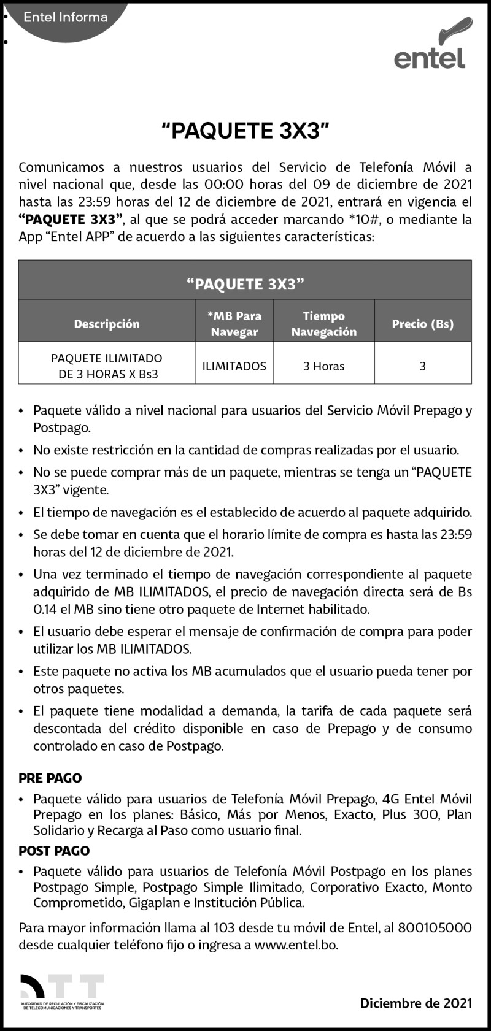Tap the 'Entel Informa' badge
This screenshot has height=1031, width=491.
pos(66,17)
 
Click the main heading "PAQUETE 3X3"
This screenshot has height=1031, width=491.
pos(245,131)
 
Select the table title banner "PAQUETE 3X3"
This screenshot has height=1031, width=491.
pos(245,284)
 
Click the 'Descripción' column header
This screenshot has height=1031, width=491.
pos(107,324)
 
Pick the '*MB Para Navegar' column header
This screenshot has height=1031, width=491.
pos(234,324)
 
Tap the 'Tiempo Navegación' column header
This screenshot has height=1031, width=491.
pos(323,324)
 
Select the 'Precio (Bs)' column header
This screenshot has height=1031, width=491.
pos(423,324)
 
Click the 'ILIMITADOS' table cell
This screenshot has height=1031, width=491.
pos(234,366)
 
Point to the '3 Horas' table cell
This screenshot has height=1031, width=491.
pos(323,366)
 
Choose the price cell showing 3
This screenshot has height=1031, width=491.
pos(423,366)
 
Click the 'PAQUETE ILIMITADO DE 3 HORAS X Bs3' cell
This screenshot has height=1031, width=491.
pos(107,366)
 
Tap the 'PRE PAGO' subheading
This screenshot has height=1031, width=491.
pos(50,778)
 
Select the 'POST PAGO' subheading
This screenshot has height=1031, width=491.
pos(54,851)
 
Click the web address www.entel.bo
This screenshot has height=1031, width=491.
pos(296,945)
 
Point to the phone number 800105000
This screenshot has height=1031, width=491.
pos(435,928)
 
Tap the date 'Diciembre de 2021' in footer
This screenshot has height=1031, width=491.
pos(416,1003)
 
